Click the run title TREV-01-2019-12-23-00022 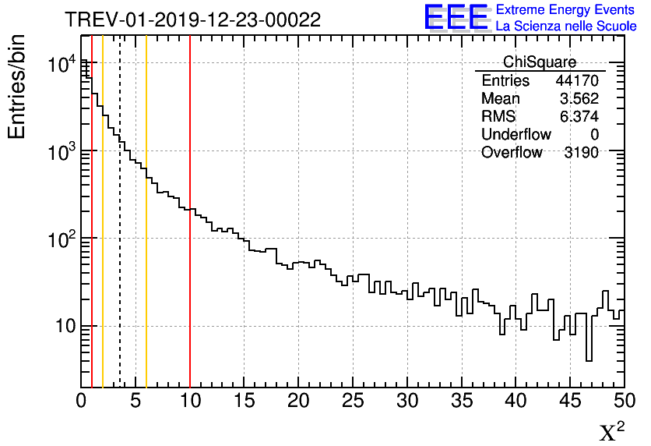192,20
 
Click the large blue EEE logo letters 456,17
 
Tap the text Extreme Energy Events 566,10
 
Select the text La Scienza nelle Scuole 566,27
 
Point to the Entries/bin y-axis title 17,87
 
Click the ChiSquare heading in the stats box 539,62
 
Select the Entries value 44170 576,81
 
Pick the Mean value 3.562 579,99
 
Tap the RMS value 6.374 579,117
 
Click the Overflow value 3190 580,153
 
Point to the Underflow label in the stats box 516,135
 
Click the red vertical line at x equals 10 190,273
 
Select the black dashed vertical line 120,273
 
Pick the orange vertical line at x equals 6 146,273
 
